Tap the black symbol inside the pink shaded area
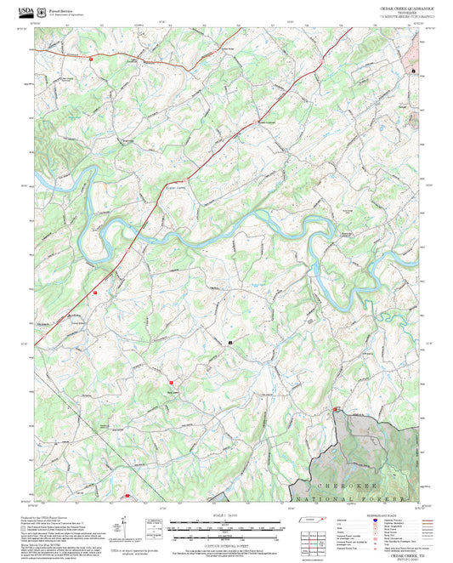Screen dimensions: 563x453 tap(414, 71)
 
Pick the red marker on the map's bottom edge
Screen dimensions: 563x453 tap(127, 496)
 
